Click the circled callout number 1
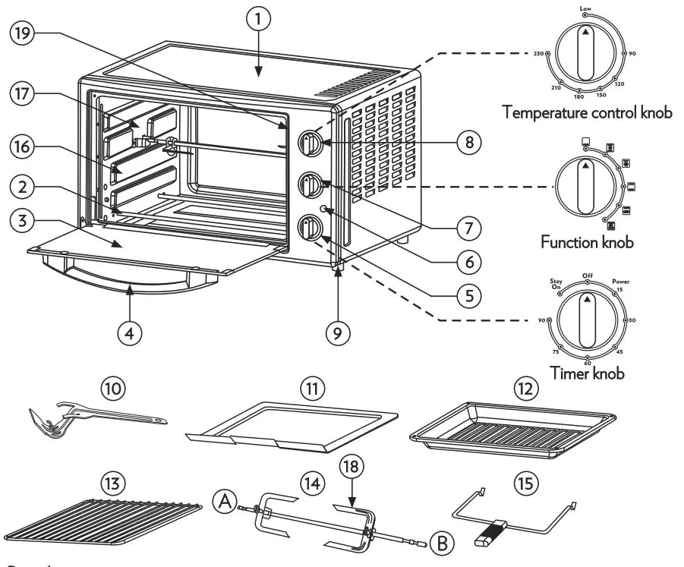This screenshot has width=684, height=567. click(259, 20)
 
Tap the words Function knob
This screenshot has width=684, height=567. click(588, 242)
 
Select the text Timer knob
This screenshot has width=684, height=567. click(588, 373)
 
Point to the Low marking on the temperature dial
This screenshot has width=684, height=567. click(585, 8)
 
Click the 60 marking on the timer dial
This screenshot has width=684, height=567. click(587, 363)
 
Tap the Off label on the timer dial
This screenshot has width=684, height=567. click(587, 275)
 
